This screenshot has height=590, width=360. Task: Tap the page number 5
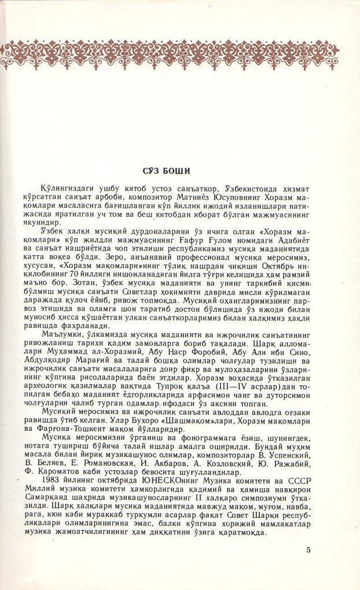(x=308, y=550)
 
